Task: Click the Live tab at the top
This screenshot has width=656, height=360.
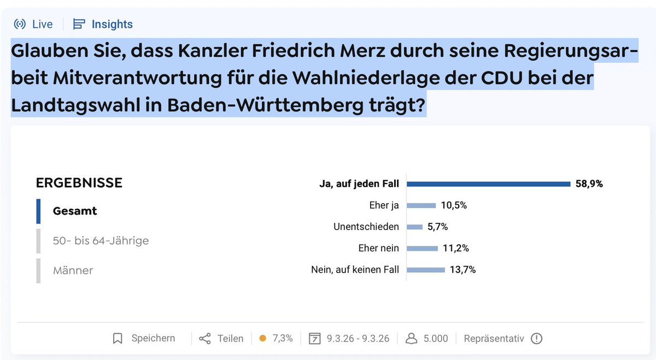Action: (34, 24)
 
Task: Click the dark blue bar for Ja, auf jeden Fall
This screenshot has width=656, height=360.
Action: (488, 184)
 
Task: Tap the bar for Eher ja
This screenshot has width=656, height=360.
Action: (421, 205)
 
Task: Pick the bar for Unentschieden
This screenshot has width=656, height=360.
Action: (415, 227)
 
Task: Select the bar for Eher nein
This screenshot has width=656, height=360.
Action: (422, 248)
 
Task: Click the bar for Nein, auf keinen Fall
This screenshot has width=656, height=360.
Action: (426, 269)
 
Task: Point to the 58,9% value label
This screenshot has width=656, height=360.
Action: (589, 184)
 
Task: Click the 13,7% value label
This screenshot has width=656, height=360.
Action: (462, 269)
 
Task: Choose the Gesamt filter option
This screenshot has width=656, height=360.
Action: (75, 211)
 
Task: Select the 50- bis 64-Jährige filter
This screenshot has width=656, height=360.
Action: (101, 240)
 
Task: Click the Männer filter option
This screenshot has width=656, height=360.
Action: (73, 270)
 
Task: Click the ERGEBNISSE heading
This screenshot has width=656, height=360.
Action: (79, 182)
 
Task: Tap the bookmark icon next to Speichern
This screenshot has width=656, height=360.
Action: (118, 339)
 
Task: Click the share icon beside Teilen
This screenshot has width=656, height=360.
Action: (205, 339)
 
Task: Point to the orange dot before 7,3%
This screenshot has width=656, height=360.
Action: (262, 339)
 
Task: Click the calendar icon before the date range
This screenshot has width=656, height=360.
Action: (314, 339)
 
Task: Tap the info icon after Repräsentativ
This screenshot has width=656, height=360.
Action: (536, 339)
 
